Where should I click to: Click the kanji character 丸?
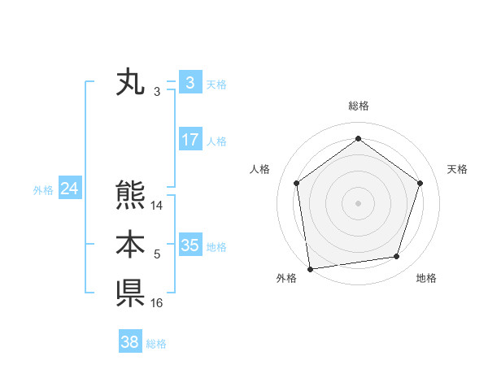(130, 84)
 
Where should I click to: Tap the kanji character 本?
(130, 245)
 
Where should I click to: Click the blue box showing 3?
(190, 82)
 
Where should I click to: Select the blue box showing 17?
(190, 140)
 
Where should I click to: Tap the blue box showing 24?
(69, 189)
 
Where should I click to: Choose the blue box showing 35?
(190, 245)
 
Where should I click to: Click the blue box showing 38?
(129, 342)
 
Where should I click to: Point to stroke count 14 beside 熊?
(157, 206)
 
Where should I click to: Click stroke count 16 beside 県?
(157, 303)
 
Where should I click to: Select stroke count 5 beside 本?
(157, 255)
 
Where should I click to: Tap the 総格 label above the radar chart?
(358, 106)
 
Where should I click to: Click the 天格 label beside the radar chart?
(458, 169)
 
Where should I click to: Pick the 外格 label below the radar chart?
(286, 279)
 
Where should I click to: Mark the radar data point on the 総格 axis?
(358, 139)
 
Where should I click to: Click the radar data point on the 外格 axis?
(310, 268)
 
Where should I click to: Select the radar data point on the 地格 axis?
(397, 257)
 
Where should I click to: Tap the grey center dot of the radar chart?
(358, 202)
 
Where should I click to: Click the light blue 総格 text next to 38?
(156, 344)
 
